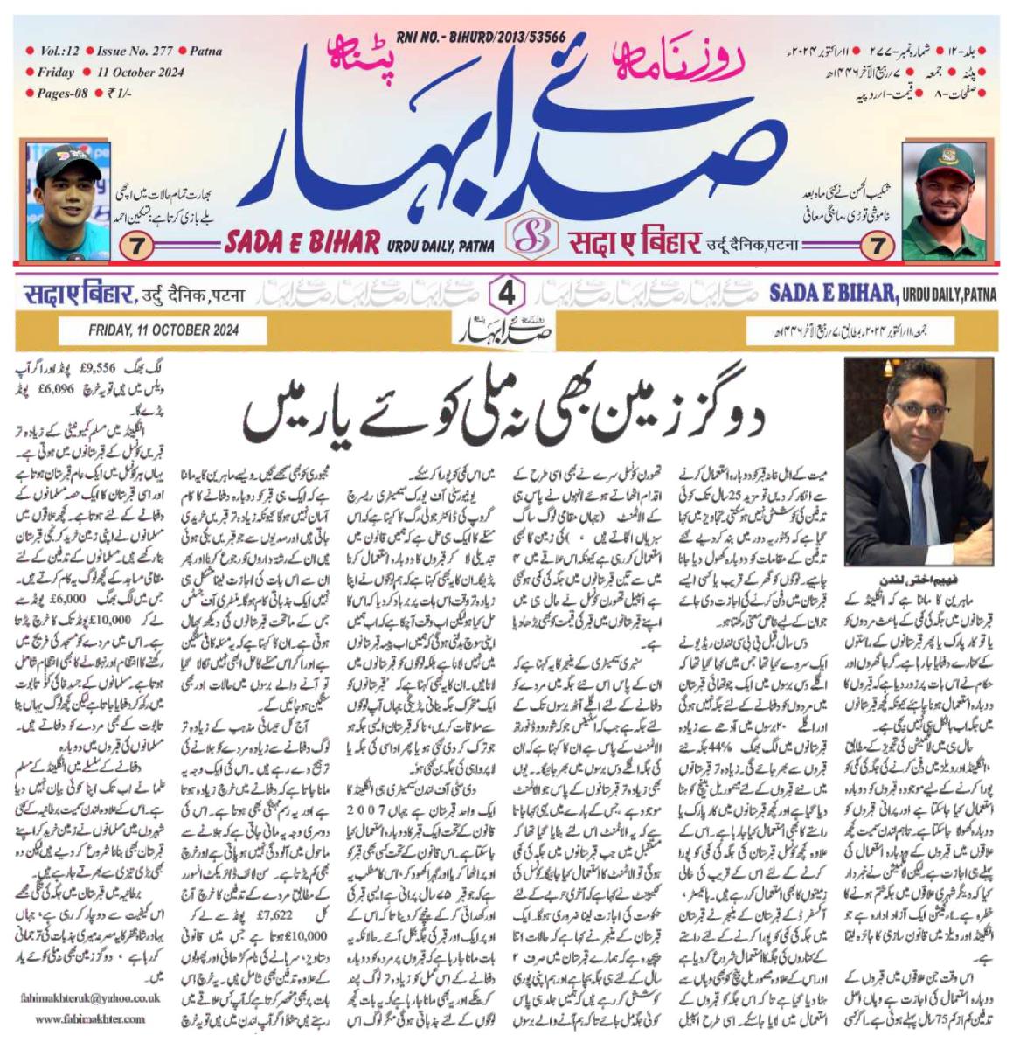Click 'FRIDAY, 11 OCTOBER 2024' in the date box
(x=163, y=330)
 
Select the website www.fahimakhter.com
(x=91, y=1018)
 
